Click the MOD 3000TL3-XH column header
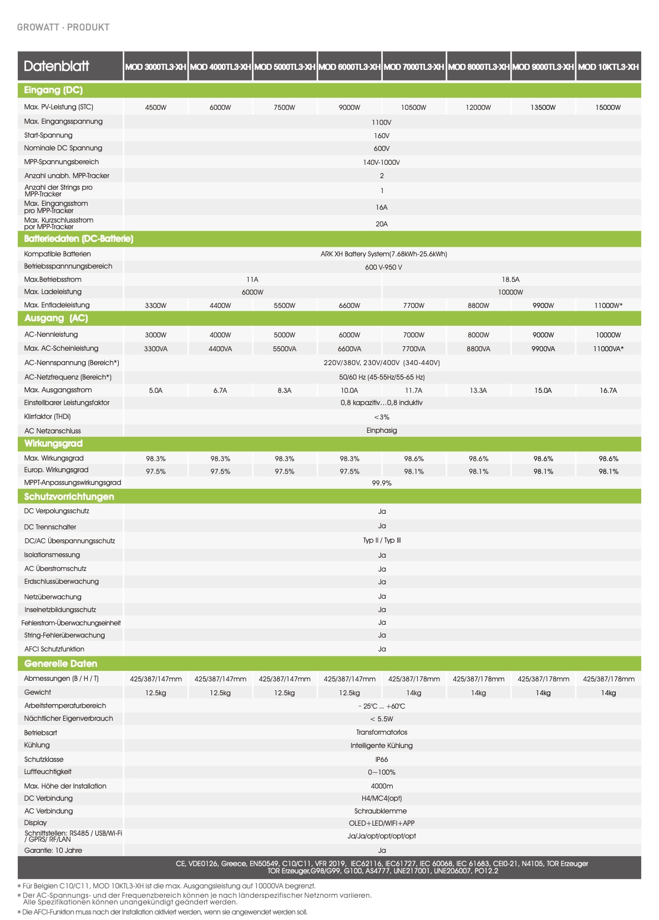(x=155, y=67)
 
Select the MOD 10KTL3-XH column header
(x=608, y=67)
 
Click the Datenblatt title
(x=57, y=67)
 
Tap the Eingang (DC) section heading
(x=53, y=90)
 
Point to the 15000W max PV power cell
(x=608, y=108)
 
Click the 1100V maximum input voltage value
(x=382, y=122)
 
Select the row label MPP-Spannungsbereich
(x=62, y=162)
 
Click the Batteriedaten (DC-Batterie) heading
(x=79, y=239)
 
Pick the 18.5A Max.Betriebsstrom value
(x=510, y=280)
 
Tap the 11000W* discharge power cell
(x=608, y=306)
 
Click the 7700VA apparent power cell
(x=414, y=349)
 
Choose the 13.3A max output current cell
(x=478, y=391)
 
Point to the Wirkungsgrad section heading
(x=53, y=443)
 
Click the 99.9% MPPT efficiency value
(x=382, y=483)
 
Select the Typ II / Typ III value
(x=382, y=540)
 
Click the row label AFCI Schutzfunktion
(x=54, y=649)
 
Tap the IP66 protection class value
(x=382, y=760)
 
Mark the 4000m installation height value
(x=382, y=786)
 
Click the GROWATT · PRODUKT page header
(x=63, y=27)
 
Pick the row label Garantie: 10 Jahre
(x=53, y=851)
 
